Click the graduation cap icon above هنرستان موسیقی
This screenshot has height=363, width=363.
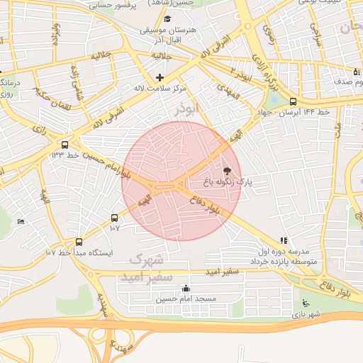coord(167,18)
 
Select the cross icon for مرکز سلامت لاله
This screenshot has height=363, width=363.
coord(160,77)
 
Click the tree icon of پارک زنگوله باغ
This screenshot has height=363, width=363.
coord(227,170)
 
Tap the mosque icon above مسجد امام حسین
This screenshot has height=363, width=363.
coord(186,288)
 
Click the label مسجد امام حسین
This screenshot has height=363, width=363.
coord(186,299)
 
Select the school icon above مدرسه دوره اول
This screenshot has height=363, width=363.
coord(284,240)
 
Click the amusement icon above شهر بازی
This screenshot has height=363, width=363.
coord(296,303)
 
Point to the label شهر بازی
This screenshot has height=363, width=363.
coord(308,314)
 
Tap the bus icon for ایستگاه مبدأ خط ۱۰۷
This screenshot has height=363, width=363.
coord(79,241)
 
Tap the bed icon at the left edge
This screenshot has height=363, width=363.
coord(21,221)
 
